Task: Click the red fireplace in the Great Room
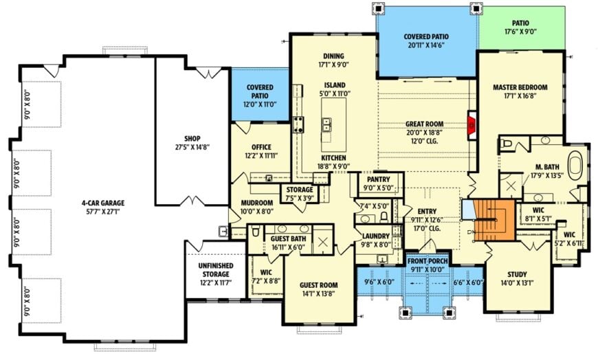coord(472,126)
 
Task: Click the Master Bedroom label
coord(520,87)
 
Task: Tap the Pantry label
coord(378,179)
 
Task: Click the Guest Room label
coord(319,284)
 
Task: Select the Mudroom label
coord(256,203)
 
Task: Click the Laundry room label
coord(376,236)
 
